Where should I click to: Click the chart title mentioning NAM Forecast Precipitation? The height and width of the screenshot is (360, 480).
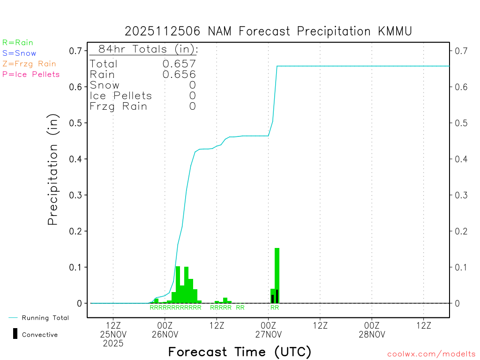click(268, 31)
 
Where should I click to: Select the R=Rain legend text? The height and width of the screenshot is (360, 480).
click(18, 42)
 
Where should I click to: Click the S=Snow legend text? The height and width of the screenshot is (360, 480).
click(19, 53)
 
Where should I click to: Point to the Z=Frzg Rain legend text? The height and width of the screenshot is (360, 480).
click(29, 64)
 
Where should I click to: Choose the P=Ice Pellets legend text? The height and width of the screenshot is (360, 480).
click(31, 74)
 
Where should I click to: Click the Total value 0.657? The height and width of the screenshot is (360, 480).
click(179, 64)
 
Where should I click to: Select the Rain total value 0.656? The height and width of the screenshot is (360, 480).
click(179, 75)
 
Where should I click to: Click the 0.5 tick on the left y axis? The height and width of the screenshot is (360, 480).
click(75, 123)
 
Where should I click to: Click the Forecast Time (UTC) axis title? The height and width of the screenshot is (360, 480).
click(240, 352)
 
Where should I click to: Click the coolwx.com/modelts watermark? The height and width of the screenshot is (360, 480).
click(431, 354)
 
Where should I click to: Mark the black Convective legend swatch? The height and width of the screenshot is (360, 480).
click(15, 333)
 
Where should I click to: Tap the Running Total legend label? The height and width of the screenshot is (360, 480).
click(45, 318)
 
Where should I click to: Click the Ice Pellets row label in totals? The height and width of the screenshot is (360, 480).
click(121, 96)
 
